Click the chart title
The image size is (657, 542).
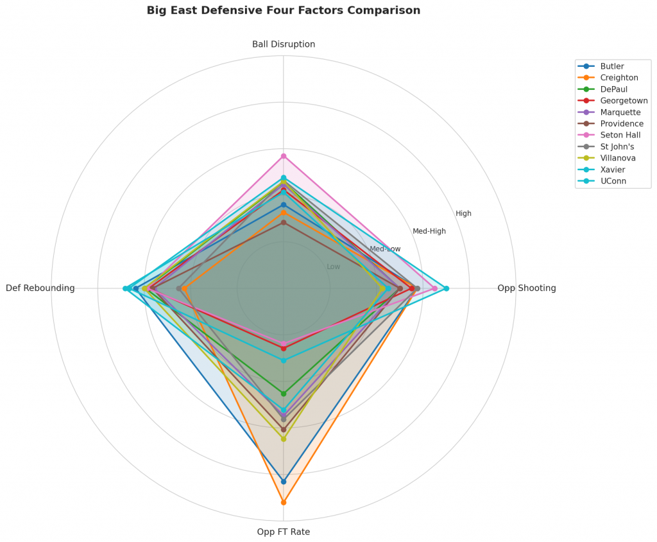[x=284, y=10]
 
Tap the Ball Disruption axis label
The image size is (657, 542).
[x=284, y=44]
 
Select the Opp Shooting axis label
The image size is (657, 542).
[x=526, y=288]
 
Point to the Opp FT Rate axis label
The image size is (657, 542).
[x=284, y=532]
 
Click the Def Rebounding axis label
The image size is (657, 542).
[x=40, y=288]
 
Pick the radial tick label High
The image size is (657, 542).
[x=463, y=214]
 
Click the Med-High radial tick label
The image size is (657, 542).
[x=429, y=231]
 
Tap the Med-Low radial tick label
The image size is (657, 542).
[x=385, y=249]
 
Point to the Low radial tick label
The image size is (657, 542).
[x=334, y=267]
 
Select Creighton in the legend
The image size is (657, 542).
[x=619, y=78]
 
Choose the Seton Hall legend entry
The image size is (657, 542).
[x=620, y=135]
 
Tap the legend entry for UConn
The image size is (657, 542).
[x=613, y=182]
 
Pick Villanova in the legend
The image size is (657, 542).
[x=618, y=159]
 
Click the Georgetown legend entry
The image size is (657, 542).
[x=624, y=101]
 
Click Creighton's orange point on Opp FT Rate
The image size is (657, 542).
[x=284, y=502]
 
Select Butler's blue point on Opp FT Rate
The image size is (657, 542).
[x=284, y=481]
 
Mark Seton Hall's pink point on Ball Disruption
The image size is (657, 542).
[x=284, y=156]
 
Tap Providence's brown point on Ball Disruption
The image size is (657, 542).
[x=284, y=222]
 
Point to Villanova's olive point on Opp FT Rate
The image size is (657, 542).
[x=284, y=439]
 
